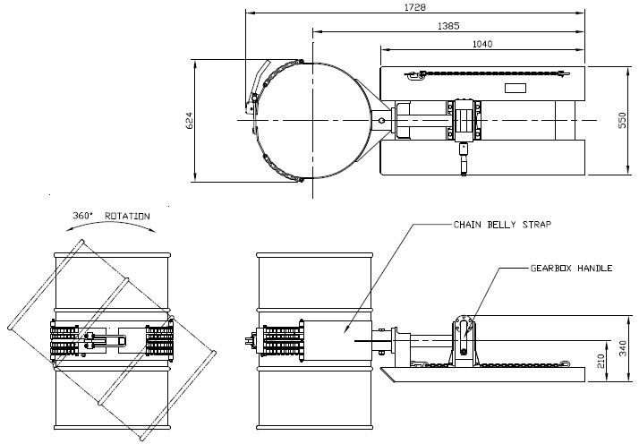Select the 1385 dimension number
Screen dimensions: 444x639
(x=449, y=25)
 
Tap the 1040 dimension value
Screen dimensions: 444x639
(x=481, y=43)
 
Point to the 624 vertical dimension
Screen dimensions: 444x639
(x=190, y=121)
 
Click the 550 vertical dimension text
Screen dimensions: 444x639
(x=623, y=121)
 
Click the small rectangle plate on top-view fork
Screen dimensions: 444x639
(x=516, y=88)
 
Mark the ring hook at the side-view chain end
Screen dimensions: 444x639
(x=566, y=363)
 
